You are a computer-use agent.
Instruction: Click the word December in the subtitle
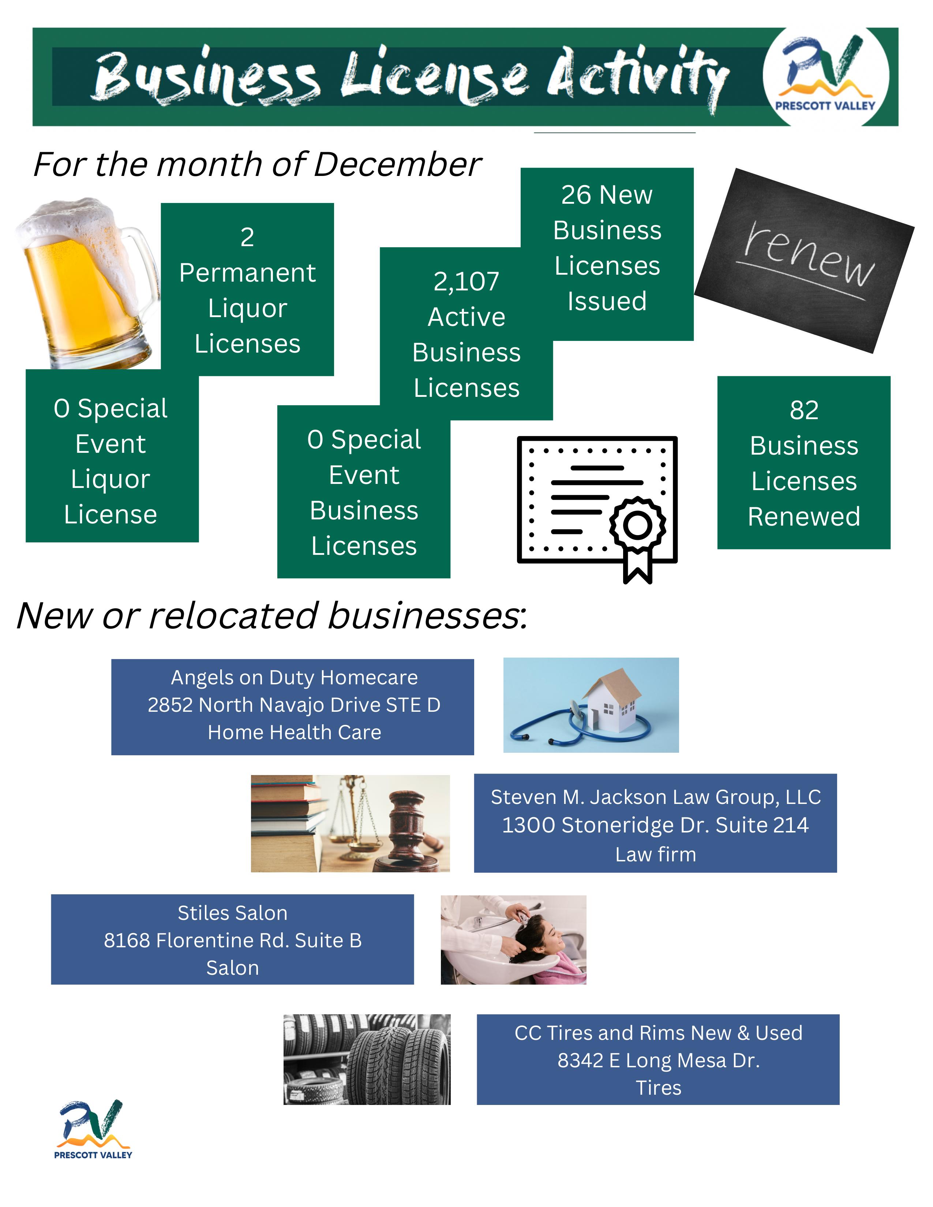(397, 164)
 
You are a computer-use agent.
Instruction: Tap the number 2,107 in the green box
(466, 281)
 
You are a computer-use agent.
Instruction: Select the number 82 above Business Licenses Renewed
(804, 410)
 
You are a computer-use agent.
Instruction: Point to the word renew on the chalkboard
(809, 254)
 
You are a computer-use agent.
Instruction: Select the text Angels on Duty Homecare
(294, 677)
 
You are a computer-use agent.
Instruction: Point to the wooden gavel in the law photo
(406, 823)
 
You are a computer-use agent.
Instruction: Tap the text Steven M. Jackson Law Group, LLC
(656, 797)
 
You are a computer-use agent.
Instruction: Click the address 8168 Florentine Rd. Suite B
(233, 940)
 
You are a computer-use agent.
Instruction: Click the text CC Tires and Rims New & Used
(658, 1033)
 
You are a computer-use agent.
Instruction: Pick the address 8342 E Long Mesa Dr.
(658, 1061)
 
